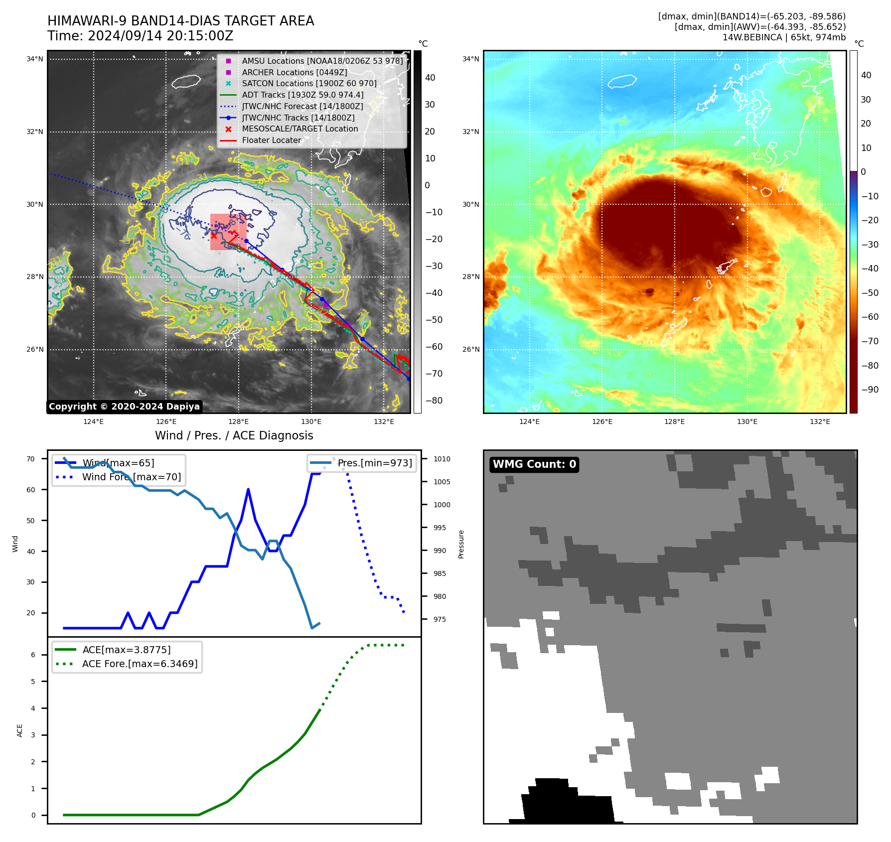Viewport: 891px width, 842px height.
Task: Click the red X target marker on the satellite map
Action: (214, 236)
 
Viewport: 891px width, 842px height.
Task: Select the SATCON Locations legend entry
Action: (309, 84)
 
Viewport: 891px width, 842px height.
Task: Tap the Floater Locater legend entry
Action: (272, 140)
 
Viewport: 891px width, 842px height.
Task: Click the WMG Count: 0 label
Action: (534, 464)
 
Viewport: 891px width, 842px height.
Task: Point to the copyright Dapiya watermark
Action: (124, 407)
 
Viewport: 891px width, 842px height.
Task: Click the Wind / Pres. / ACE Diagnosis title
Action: (234, 435)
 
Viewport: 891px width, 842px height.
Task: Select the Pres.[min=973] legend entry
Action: (375, 463)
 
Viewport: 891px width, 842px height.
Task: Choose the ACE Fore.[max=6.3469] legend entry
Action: (140, 664)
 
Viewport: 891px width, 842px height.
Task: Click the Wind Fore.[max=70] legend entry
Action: (132, 477)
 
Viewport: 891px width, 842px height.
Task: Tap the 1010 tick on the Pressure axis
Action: (442, 459)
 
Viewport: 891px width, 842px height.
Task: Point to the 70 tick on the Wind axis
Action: (31, 459)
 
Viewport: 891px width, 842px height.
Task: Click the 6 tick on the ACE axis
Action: (33, 655)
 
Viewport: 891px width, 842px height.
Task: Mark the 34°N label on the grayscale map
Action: (35, 59)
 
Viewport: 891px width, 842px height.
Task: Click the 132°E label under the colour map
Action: (820, 421)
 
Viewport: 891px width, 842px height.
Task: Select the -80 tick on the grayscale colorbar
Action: (434, 401)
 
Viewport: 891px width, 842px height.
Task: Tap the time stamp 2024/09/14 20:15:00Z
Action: (160, 36)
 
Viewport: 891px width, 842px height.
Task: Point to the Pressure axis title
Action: (461, 544)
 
